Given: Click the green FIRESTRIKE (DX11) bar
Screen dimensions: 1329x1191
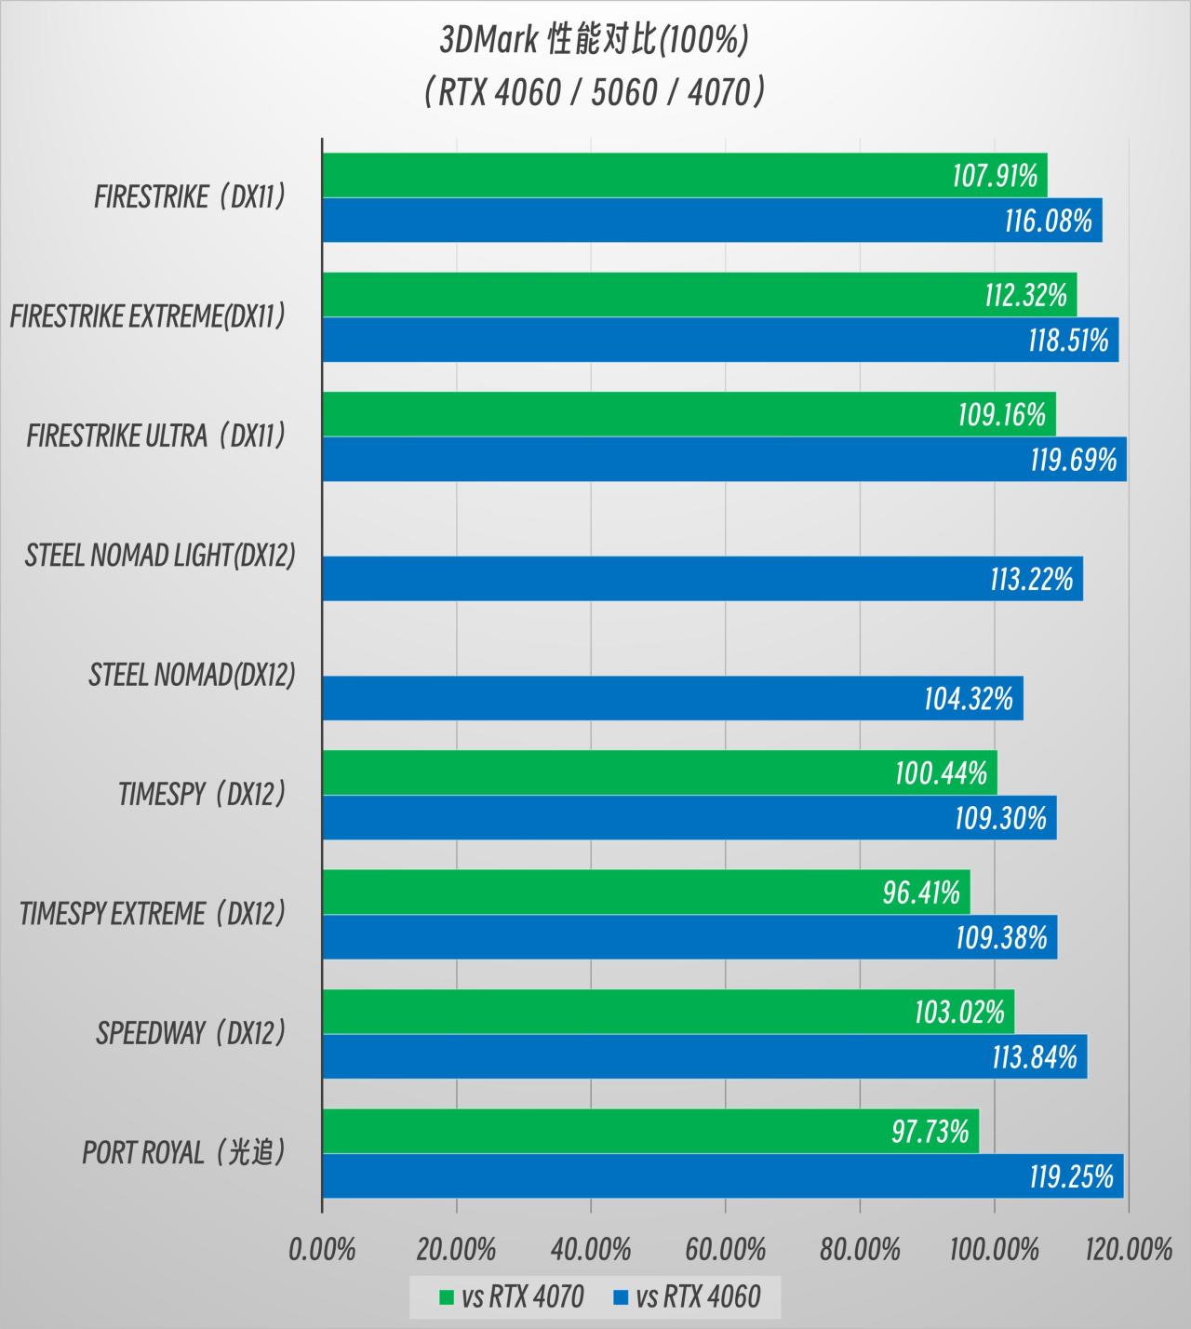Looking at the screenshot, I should [x=684, y=175].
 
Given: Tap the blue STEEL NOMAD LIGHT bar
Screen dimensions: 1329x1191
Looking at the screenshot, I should [x=703, y=579].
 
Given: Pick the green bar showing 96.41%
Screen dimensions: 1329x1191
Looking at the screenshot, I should [x=646, y=893].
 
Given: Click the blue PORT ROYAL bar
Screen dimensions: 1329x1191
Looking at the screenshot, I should [x=722, y=1176].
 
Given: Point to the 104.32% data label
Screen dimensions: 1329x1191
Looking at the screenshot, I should [x=968, y=698].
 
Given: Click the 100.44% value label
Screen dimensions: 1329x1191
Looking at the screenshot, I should [x=941, y=772].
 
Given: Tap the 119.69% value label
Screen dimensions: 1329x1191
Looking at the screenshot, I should [x=1073, y=460].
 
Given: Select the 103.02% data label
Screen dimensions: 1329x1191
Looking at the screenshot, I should [x=959, y=1012].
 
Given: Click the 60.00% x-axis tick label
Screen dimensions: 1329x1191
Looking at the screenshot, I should [x=726, y=1249].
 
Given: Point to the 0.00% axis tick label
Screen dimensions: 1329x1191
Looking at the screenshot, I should [x=322, y=1249].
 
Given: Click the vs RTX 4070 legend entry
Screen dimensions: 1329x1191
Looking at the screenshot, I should [x=512, y=1296].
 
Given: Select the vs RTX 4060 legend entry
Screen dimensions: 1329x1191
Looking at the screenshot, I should [x=688, y=1296].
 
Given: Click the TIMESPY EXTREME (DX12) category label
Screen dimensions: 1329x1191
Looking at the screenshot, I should [x=153, y=914].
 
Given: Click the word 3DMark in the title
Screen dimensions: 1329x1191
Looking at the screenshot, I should [x=489, y=40].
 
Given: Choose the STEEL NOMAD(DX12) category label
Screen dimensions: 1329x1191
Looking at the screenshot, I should [x=192, y=675].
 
